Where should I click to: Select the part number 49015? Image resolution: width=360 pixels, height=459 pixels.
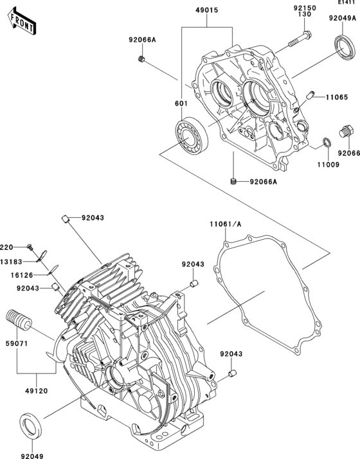click(207, 11)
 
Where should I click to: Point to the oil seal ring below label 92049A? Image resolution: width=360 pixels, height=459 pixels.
click(341, 48)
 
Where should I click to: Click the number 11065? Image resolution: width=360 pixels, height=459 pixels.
click(336, 98)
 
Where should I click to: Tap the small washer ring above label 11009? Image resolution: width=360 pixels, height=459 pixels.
click(327, 142)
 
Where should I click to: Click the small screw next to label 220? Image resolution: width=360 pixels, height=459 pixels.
click(30, 248)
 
